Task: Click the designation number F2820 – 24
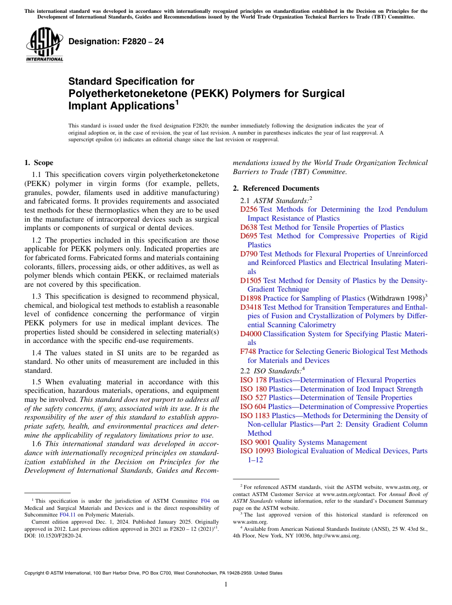click(x=116, y=42)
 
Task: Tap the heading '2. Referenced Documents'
click(x=276, y=188)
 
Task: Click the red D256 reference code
click(x=248, y=209)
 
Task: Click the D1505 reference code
click(x=250, y=281)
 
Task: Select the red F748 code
click(x=248, y=351)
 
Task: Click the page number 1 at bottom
click(x=226, y=585)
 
